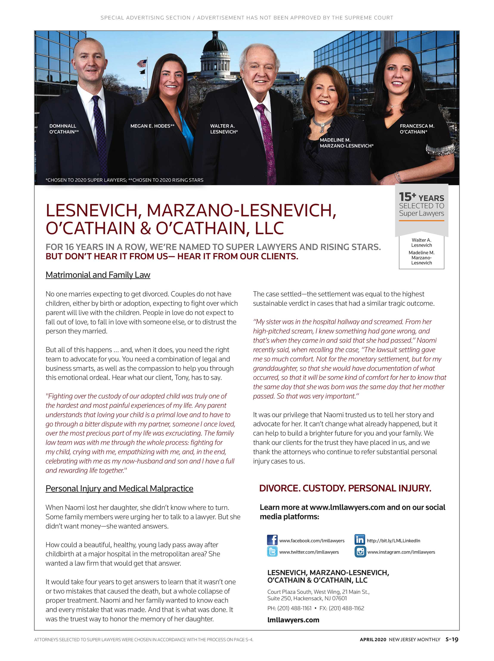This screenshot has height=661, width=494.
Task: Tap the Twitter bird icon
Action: (272, 551)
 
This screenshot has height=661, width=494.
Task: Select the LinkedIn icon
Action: (359, 540)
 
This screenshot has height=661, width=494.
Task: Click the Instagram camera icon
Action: (360, 551)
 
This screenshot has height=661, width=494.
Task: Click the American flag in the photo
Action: (142, 63)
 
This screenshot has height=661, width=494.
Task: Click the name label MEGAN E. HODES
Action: (152, 126)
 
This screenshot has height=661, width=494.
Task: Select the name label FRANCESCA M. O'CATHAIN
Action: (417, 129)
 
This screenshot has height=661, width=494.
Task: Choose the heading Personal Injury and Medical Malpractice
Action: (119, 488)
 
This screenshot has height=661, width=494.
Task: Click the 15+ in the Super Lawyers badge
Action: (407, 197)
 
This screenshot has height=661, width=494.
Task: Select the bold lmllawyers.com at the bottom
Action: (293, 620)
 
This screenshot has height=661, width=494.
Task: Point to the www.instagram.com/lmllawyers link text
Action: (401, 552)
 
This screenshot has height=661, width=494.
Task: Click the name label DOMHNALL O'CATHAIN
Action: (64, 129)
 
